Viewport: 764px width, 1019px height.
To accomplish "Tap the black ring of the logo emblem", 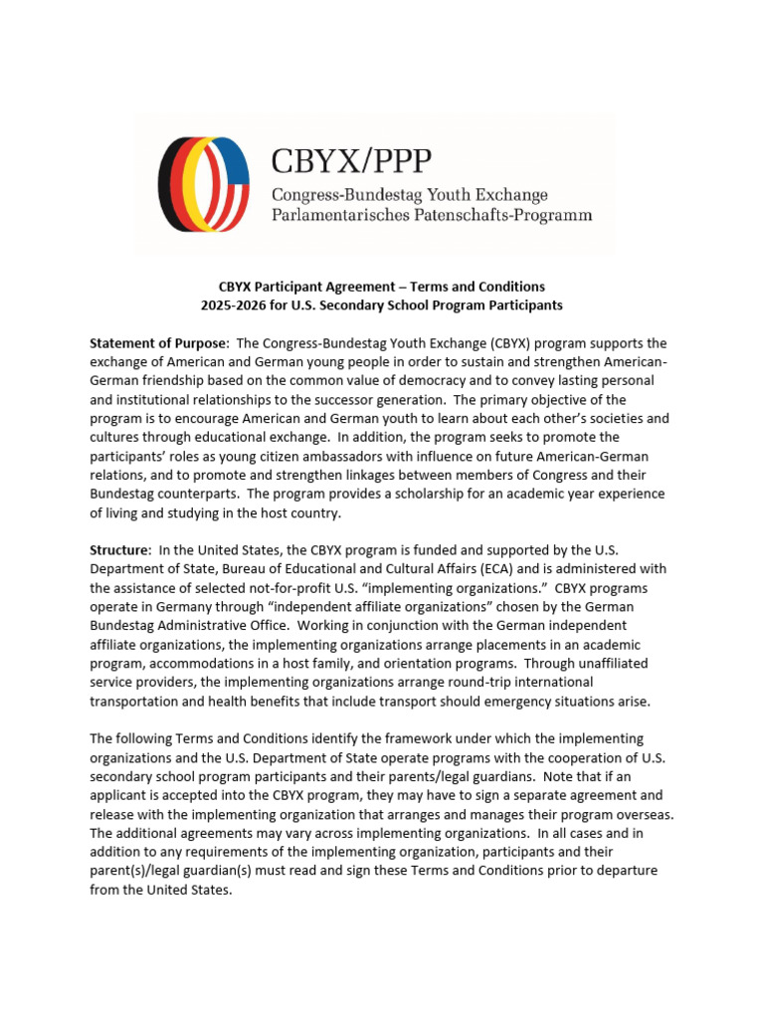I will [164, 184].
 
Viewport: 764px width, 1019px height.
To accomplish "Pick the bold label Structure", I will [119, 550].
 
